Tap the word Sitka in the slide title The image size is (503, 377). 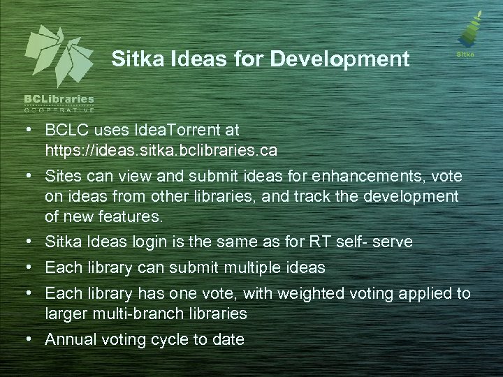click(133, 59)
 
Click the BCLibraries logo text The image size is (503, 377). click(59, 100)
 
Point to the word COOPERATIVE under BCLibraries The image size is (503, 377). click(59, 110)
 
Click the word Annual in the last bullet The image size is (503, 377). click(68, 339)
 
